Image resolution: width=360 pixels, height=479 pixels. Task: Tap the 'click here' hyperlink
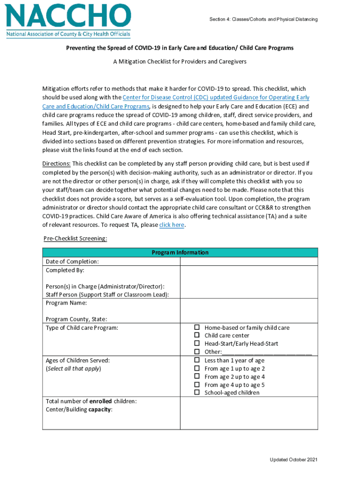pyautogui.click(x=172, y=225)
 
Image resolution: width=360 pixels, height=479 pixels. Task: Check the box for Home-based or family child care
pyautogui.click(x=197, y=327)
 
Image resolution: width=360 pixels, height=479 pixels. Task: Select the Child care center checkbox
pyautogui.click(x=197, y=335)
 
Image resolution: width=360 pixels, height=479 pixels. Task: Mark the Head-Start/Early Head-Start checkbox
pyautogui.click(x=197, y=343)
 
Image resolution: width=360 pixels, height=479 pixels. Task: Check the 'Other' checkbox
pyautogui.click(x=197, y=351)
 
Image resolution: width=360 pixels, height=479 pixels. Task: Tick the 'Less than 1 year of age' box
pyautogui.click(x=197, y=360)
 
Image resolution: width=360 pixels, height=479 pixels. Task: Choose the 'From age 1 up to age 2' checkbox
pyautogui.click(x=197, y=369)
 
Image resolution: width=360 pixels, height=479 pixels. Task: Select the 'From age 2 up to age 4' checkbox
pyautogui.click(x=197, y=377)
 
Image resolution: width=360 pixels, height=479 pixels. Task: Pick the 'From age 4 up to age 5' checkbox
pyautogui.click(x=197, y=385)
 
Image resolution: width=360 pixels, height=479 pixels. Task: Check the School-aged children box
pyautogui.click(x=197, y=392)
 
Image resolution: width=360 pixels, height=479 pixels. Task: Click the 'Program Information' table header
pyautogui.click(x=180, y=253)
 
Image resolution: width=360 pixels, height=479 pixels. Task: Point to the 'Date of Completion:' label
pyautogui.click(x=72, y=261)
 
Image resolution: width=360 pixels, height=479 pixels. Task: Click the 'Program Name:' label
pyautogui.click(x=66, y=303)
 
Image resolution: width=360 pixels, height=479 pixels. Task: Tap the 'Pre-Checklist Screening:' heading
pyautogui.click(x=75, y=239)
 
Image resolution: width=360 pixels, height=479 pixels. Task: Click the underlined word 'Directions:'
pyautogui.click(x=57, y=163)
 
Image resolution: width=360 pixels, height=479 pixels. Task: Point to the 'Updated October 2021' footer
pyautogui.click(x=294, y=460)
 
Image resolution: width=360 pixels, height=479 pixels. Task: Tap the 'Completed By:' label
pyautogui.click(x=65, y=270)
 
